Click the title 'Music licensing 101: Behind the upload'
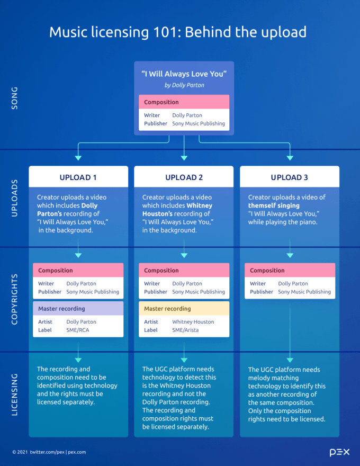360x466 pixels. [x=178, y=32]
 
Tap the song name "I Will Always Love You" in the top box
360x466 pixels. [x=184, y=74]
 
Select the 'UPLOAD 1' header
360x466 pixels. [x=78, y=177]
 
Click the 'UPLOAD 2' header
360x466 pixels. [x=184, y=177]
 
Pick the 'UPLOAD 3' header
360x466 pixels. [x=290, y=177]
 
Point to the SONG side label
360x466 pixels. [x=14, y=98]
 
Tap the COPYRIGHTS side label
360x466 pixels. [x=14, y=299]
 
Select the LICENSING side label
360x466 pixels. [x=14, y=395]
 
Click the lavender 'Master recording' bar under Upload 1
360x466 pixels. [x=78, y=309]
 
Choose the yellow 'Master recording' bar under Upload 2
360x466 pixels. [x=184, y=309]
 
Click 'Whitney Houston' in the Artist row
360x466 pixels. [x=193, y=322]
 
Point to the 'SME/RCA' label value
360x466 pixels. [x=78, y=330]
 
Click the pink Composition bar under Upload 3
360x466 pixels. [x=290, y=271]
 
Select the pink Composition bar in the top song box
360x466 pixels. [x=184, y=102]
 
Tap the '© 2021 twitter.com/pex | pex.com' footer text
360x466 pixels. [x=49, y=452]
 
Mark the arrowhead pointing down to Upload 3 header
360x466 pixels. [x=290, y=158]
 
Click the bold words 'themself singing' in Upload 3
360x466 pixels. [x=274, y=205]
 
